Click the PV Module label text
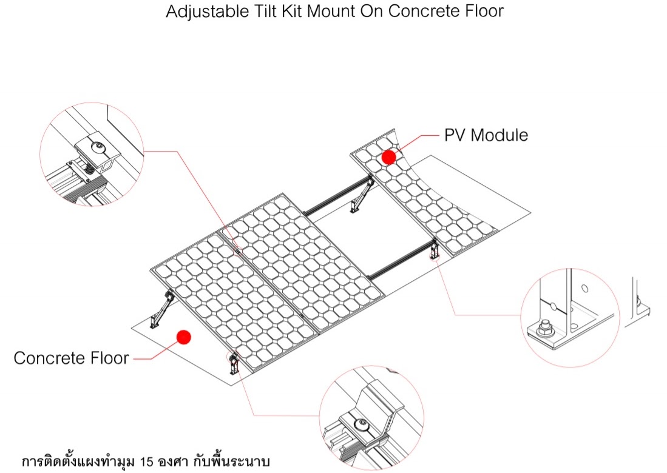(486, 135)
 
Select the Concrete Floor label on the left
(71, 358)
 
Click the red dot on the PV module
(388, 157)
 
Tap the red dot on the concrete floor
(183, 337)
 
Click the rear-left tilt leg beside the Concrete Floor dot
(161, 309)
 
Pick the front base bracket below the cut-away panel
(434, 250)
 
